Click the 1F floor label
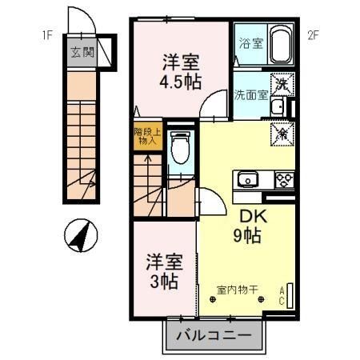click(48, 34)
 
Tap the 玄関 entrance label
click(81, 53)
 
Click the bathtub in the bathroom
click(280, 45)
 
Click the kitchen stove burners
click(283, 178)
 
